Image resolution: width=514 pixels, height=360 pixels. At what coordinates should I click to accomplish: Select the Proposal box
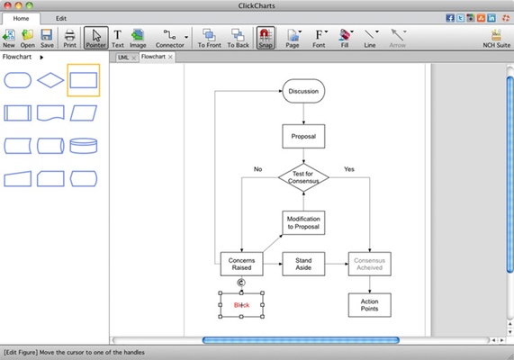(x=303, y=136)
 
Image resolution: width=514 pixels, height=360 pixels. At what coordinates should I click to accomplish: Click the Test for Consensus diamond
(x=303, y=177)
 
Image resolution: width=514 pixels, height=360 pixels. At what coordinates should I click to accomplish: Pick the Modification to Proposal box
(x=303, y=221)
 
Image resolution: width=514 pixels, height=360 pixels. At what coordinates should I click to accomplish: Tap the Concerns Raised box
(x=241, y=264)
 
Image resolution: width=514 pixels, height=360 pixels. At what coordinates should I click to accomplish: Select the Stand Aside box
(x=303, y=264)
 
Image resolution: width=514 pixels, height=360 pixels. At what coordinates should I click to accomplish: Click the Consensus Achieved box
(x=370, y=264)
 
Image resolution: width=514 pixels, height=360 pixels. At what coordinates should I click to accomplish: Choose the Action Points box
(x=370, y=305)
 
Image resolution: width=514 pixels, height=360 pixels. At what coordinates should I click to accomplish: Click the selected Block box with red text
(x=241, y=305)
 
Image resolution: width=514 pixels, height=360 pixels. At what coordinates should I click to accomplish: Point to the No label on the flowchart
(x=257, y=168)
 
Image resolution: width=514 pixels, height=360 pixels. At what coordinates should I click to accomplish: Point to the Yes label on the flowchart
(x=349, y=168)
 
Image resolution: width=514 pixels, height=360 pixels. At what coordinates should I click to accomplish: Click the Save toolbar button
(x=47, y=38)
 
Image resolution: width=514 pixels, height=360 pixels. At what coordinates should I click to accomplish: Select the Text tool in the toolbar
(x=117, y=38)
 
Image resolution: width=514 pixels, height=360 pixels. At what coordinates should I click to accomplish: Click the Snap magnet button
(x=265, y=38)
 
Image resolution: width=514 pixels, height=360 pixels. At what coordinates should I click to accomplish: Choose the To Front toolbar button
(x=209, y=38)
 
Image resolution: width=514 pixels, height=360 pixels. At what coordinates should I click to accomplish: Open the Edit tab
(x=60, y=18)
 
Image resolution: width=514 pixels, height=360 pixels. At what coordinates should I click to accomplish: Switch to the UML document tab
(x=123, y=57)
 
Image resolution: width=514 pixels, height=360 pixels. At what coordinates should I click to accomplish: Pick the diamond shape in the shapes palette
(x=51, y=80)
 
